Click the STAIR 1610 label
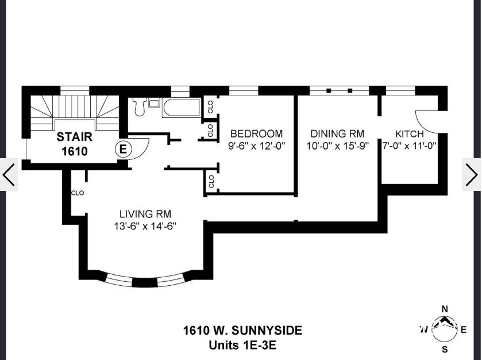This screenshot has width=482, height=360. pos(72,144)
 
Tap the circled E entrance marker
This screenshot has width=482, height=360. pos(123,148)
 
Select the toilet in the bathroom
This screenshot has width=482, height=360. pos(138,106)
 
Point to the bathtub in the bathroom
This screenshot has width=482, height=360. pos(181,108)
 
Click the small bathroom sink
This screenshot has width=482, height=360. pos(154,104)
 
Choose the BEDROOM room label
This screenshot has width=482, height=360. pos(256,134)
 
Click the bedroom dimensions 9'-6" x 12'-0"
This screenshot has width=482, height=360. pos(256,146)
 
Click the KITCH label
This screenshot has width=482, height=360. pos(410,134)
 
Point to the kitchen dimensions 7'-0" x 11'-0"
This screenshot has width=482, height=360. pos(410,146)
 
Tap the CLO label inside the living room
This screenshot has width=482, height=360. pos(78,193)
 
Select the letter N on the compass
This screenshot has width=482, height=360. pos(444,309)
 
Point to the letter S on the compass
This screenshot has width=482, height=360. pos(444,349)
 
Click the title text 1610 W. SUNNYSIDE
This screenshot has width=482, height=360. pos(242,331)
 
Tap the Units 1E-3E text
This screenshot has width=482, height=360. pos(243,346)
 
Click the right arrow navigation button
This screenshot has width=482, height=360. pos(472,174)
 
